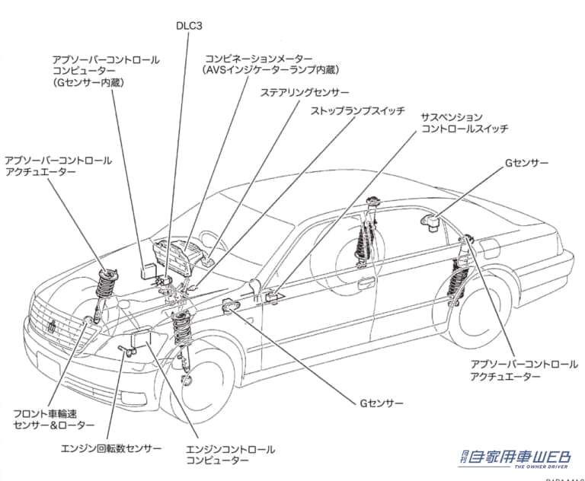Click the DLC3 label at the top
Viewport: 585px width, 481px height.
pyautogui.click(x=188, y=25)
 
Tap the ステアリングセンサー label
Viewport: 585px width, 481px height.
pyautogui.click(x=305, y=93)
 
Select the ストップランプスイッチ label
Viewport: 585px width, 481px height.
pyautogui.click(x=357, y=111)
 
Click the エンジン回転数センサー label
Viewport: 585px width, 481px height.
pyautogui.click(x=111, y=448)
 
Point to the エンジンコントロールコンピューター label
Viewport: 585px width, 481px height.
pyautogui.click(x=230, y=454)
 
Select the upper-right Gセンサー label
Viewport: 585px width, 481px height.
pyautogui.click(x=526, y=164)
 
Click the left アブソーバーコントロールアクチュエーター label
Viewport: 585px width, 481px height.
pyautogui.click(x=57, y=167)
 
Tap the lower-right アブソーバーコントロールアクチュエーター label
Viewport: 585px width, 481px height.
pyautogui.click(x=524, y=370)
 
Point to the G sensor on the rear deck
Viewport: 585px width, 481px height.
pyautogui.click(x=432, y=221)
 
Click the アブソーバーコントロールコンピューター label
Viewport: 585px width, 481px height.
pyautogui.click(x=106, y=70)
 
